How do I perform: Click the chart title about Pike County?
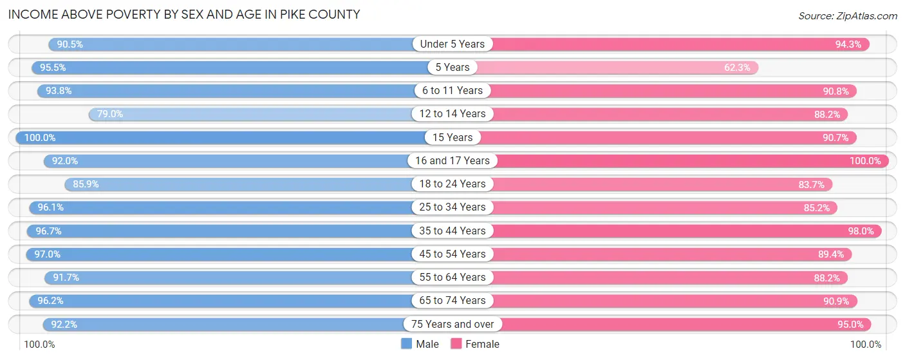(x=184, y=14)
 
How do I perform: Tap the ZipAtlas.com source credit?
(x=848, y=15)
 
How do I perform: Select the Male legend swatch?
(x=406, y=344)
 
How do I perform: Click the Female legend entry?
(x=474, y=344)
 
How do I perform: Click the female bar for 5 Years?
(x=618, y=68)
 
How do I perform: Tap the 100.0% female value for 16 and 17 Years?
(x=864, y=161)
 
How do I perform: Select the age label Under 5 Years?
(x=452, y=44)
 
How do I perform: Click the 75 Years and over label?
(x=452, y=324)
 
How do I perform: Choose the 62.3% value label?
(x=737, y=68)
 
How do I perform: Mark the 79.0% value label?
(x=109, y=114)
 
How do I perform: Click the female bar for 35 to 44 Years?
(x=682, y=231)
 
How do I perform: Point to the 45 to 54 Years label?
(x=452, y=254)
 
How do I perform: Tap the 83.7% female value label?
(x=811, y=184)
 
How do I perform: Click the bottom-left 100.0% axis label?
(x=40, y=345)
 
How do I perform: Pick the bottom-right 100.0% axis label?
(x=866, y=345)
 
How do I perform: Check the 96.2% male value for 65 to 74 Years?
(x=50, y=301)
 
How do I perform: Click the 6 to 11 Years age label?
(x=452, y=91)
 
